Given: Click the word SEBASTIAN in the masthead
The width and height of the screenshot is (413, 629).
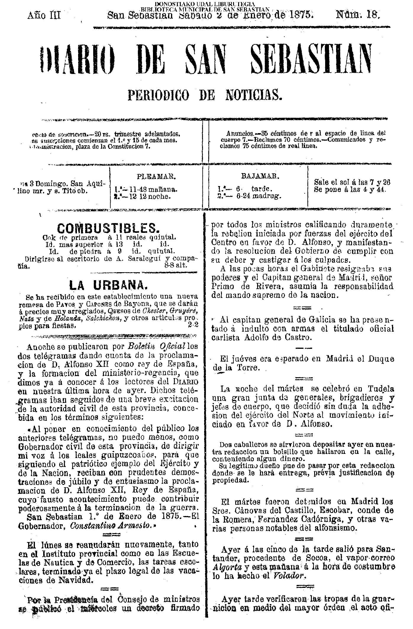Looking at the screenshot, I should tap(311, 61).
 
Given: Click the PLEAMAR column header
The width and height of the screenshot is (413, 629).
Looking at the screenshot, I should tap(157, 177).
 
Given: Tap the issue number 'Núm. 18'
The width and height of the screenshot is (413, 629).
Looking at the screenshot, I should tap(357, 15).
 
